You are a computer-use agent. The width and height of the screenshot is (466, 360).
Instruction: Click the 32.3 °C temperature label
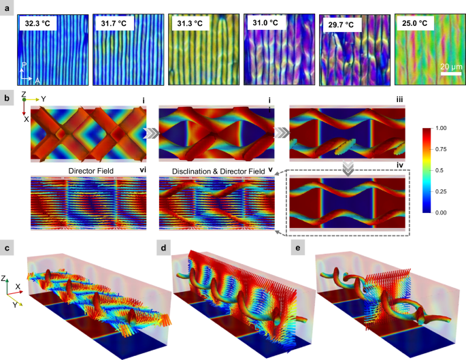point(39,22)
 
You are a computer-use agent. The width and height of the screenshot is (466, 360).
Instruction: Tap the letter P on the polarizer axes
point(24,66)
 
